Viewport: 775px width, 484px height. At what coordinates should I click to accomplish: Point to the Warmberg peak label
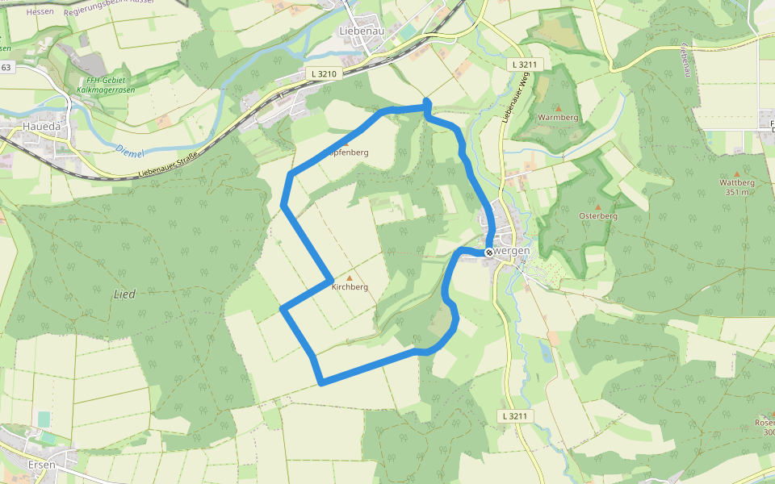click(558, 118)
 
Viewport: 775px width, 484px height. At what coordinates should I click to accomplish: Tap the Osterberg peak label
click(598, 216)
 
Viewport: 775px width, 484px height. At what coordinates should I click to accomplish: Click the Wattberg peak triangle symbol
click(736, 173)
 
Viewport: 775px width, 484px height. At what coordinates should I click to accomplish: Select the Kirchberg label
click(350, 287)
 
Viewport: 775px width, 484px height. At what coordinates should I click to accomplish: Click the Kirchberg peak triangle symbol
click(350, 277)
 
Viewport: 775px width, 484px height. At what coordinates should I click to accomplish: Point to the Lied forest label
click(124, 294)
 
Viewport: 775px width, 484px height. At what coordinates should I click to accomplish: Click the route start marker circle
click(489, 252)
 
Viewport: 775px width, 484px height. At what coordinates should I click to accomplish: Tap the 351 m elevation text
click(737, 192)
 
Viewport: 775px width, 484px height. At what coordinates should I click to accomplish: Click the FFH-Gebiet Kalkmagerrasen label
click(110, 84)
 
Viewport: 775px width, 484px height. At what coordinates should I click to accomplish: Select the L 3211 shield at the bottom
click(513, 416)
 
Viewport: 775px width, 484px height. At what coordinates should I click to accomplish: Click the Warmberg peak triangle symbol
click(558, 107)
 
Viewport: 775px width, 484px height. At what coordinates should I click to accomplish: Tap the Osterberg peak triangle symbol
click(598, 207)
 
